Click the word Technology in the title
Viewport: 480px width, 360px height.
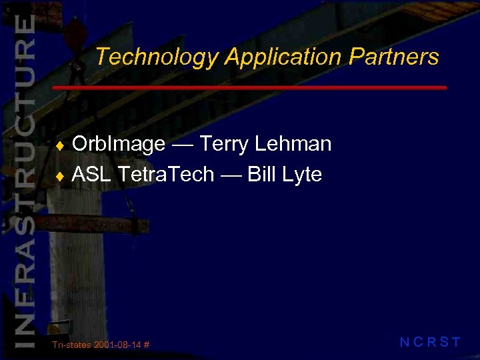point(157,57)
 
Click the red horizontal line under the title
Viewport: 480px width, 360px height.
point(249,87)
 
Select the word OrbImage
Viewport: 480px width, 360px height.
point(119,144)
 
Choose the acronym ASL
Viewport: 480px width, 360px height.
point(91,175)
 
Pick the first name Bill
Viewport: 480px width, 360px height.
point(263,175)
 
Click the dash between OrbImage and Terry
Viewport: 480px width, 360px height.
point(182,145)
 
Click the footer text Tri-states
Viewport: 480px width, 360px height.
point(72,345)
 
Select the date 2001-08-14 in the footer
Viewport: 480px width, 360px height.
point(118,345)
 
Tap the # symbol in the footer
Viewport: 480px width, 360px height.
point(146,345)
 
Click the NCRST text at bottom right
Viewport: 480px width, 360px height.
point(430,343)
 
